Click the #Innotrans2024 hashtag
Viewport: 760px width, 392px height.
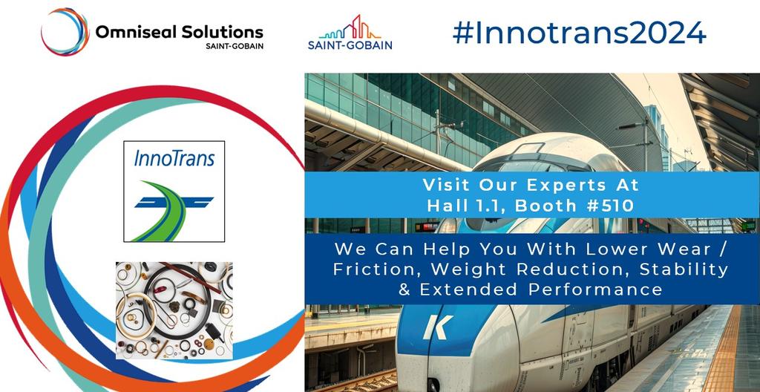[x=578, y=33]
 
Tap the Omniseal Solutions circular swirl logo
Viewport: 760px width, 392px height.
[x=65, y=32]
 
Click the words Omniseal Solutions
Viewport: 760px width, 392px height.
[x=179, y=32]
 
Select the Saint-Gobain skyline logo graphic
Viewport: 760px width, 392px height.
[x=350, y=27]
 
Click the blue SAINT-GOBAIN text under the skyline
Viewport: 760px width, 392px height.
[x=350, y=45]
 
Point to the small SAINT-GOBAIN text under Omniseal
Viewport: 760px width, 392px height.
[x=235, y=46]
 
